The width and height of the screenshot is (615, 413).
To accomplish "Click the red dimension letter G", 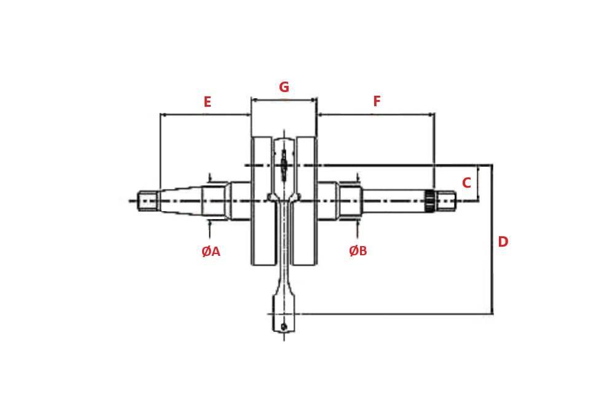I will [x=284, y=87].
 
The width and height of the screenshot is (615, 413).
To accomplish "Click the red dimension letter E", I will [x=207, y=102].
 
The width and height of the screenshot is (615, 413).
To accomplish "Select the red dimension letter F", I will [x=377, y=101].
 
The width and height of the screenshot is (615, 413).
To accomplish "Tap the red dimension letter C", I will [x=466, y=183].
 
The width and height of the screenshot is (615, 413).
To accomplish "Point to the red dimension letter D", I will [x=503, y=242].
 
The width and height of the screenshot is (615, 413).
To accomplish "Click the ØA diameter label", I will [x=211, y=251].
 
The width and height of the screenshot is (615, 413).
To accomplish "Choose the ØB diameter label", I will [x=358, y=251].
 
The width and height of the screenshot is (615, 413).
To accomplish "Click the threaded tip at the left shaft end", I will [x=147, y=201].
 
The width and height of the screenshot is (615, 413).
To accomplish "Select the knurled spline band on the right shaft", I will [x=429, y=201].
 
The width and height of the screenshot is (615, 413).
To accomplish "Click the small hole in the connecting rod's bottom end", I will [x=284, y=326].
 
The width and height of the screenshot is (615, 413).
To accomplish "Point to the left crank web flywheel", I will [x=262, y=201].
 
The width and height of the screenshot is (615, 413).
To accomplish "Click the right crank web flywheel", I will [x=305, y=201].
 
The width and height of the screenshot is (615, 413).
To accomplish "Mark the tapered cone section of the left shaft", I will [x=181, y=201].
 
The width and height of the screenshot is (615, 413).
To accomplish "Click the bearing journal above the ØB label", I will [x=348, y=201].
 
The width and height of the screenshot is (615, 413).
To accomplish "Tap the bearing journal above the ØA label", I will [x=217, y=201].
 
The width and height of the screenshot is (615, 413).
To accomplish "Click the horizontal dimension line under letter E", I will [x=205, y=114].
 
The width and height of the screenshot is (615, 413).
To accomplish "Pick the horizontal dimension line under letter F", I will [x=375, y=114].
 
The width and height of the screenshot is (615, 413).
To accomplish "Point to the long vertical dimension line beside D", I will [x=492, y=245].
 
